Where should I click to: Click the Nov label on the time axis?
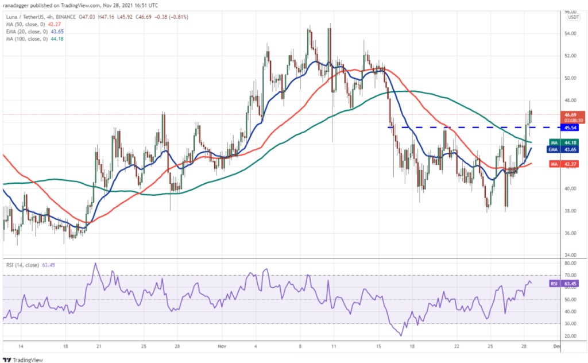coord(221,347)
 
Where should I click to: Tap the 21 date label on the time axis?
coord(99,347)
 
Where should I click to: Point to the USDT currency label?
coord(572,17)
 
